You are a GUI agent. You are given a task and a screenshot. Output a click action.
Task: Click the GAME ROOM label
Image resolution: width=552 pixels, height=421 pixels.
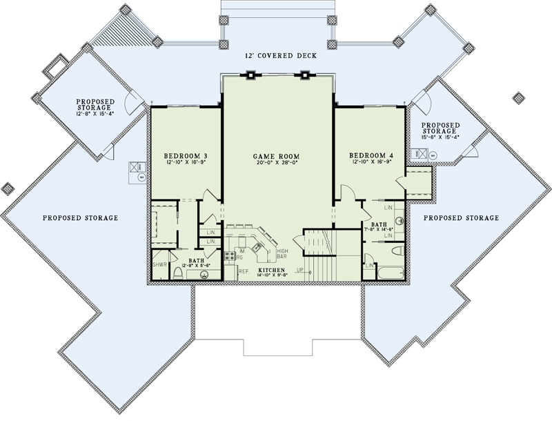pyautogui.click(x=275, y=157)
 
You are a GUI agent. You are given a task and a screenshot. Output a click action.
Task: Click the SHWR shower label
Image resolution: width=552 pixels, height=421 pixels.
pyautogui.click(x=159, y=264)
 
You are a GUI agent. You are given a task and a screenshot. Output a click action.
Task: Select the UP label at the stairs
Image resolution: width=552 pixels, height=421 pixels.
pyautogui.click(x=299, y=270)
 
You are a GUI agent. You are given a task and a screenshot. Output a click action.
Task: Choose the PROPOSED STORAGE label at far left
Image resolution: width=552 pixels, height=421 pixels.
pyautogui.click(x=80, y=218)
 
